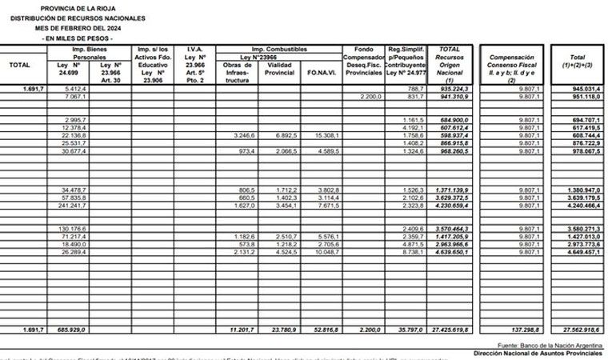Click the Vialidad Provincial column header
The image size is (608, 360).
(280, 69)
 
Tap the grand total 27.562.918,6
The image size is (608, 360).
(578, 329)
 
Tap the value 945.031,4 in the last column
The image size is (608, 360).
(579, 88)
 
